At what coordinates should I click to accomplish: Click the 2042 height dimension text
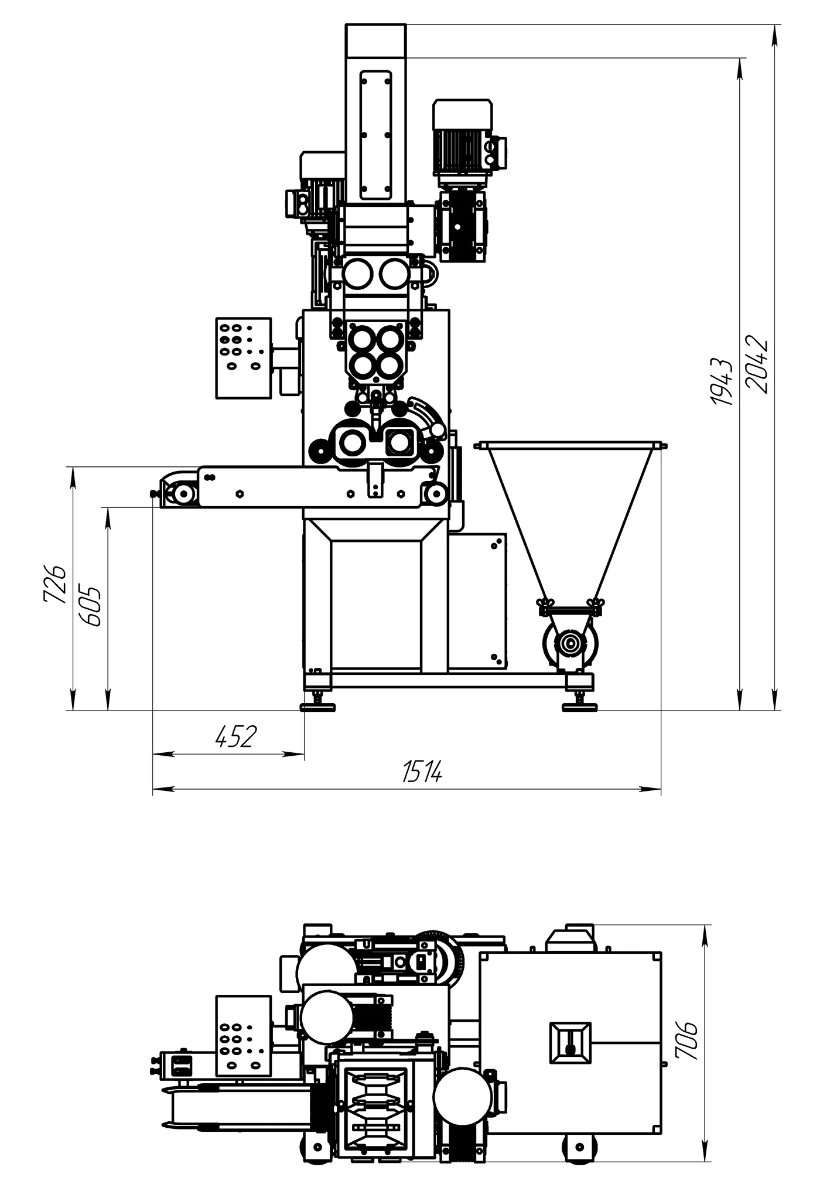[x=756, y=364]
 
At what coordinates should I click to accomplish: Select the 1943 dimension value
[x=722, y=381]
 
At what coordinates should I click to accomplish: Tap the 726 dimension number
[x=54, y=584]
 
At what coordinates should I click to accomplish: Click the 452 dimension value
[x=236, y=736]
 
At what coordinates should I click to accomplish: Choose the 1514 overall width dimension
[x=422, y=772]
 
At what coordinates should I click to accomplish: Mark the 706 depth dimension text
[x=686, y=1040]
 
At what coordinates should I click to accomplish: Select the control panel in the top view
[x=244, y=1036]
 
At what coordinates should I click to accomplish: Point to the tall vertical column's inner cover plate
[x=376, y=135]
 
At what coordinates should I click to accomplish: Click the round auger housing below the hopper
[x=570, y=643]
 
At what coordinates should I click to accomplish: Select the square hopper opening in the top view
[x=570, y=1043]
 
